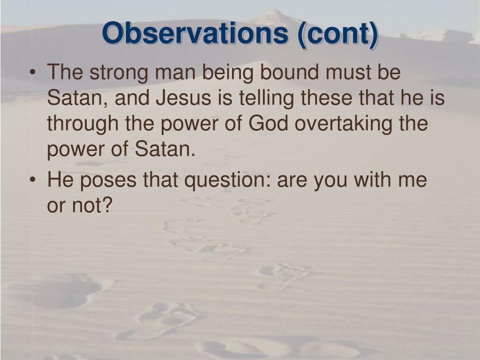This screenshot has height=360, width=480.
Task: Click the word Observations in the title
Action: pyautogui.click(x=195, y=33)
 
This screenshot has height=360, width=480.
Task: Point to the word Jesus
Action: pyautogui.click(x=184, y=97)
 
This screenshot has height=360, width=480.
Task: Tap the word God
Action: pyautogui.click(x=268, y=123)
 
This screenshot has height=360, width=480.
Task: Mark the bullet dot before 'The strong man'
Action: pyautogui.click(x=32, y=73)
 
